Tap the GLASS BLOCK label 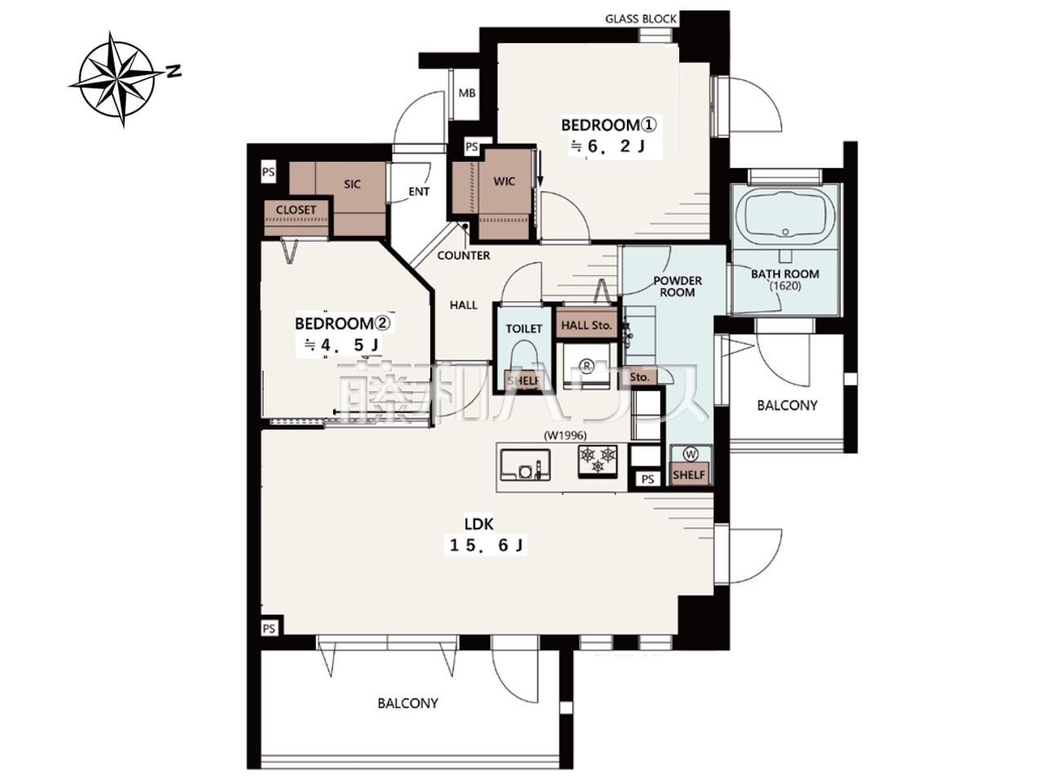tap(640, 19)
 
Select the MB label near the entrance tap(466, 93)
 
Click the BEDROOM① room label tap(608, 125)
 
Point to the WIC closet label tap(505, 181)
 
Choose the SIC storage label tap(353, 185)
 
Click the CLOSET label tap(296, 210)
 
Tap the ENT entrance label tap(419, 191)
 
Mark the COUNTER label tap(463, 256)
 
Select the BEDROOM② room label tap(342, 323)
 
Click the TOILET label tap(523, 329)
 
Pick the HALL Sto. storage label tap(586, 326)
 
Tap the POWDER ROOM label tap(677, 287)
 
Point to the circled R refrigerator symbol tap(586, 366)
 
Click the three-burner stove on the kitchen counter tap(598, 461)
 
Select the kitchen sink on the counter tap(525, 465)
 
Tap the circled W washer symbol tap(691, 454)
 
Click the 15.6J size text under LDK tap(487, 546)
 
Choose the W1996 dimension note tap(565, 435)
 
